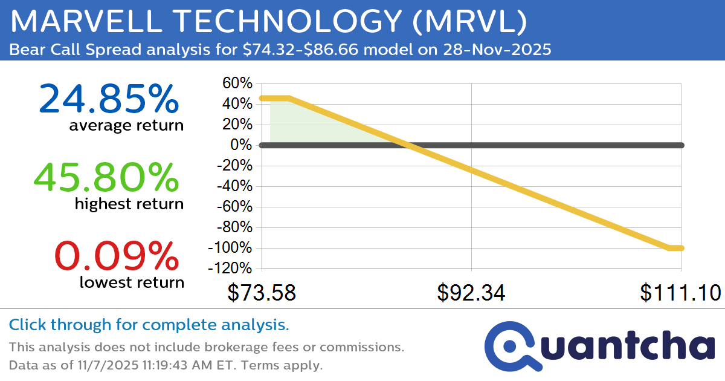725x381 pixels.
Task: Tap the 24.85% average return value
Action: pyautogui.click(x=109, y=100)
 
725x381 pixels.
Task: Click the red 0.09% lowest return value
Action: pyautogui.click(x=117, y=256)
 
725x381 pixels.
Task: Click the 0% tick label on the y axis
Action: pyautogui.click(x=241, y=145)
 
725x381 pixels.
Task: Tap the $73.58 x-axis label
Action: pyautogui.click(x=262, y=293)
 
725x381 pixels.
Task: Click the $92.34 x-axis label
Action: pyautogui.click(x=471, y=293)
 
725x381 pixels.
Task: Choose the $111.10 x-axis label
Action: pyautogui.click(x=680, y=293)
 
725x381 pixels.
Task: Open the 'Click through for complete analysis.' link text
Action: pyautogui.click(x=149, y=325)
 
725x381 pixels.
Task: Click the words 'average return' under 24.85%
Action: pyautogui.click(x=126, y=126)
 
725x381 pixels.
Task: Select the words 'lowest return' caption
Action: pyautogui.click(x=132, y=282)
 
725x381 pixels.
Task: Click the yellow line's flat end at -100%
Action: pyautogui.click(x=676, y=248)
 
